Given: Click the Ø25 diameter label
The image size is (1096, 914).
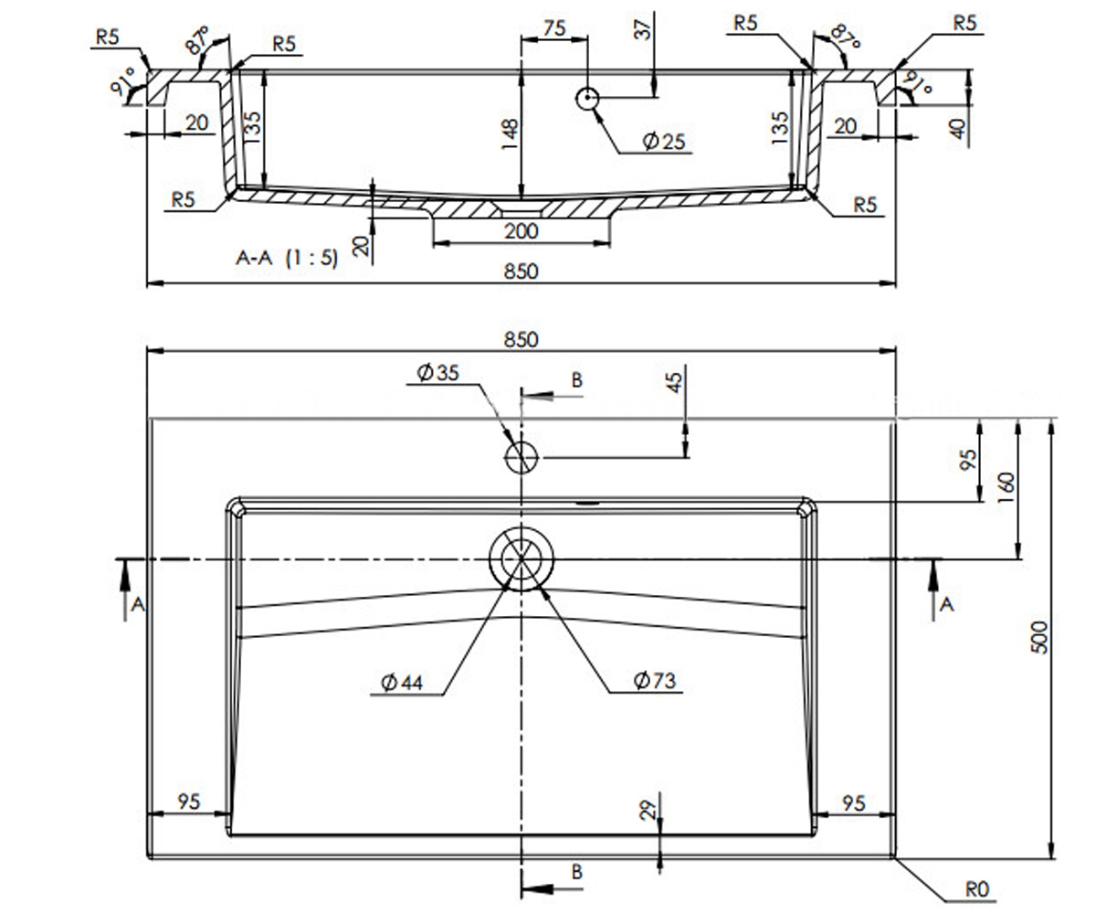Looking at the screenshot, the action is tap(664, 141).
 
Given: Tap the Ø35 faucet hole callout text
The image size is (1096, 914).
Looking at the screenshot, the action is tap(437, 372).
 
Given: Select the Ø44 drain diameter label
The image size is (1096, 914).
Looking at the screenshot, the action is tap(402, 683).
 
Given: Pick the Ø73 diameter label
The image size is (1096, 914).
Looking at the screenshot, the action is tap(655, 681).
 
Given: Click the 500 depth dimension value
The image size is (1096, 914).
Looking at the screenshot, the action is tap(1039, 638).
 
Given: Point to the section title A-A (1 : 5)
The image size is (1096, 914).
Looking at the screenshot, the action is tap(287, 258).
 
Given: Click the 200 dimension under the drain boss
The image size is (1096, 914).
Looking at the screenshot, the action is tap(522, 231).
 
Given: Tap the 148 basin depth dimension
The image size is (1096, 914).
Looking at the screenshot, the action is tap(510, 134).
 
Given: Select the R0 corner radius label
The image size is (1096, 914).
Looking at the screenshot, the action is tap(977, 888).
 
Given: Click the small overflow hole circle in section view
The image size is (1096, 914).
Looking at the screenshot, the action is tap(587, 98).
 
